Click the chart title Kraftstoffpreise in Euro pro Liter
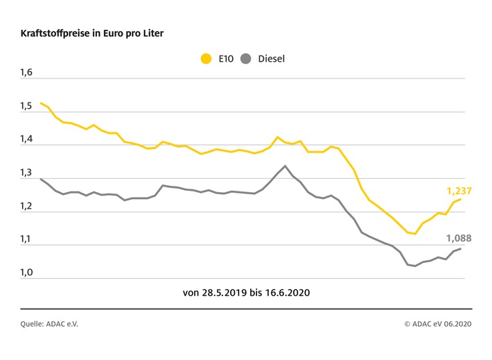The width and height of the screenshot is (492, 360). click(93, 33)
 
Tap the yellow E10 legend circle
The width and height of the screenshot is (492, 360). click(206, 59)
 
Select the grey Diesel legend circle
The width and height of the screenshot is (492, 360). click(245, 59)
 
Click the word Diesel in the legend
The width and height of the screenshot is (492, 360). click(271, 59)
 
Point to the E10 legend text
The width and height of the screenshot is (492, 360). click(226, 59)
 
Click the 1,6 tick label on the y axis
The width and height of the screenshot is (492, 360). click(26, 73)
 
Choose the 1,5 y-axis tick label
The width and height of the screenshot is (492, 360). click(26, 106)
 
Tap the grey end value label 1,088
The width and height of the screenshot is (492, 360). click(457, 238)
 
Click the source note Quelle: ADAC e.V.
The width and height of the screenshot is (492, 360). click(50, 323)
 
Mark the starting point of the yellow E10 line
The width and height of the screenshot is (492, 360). click(41, 103)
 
